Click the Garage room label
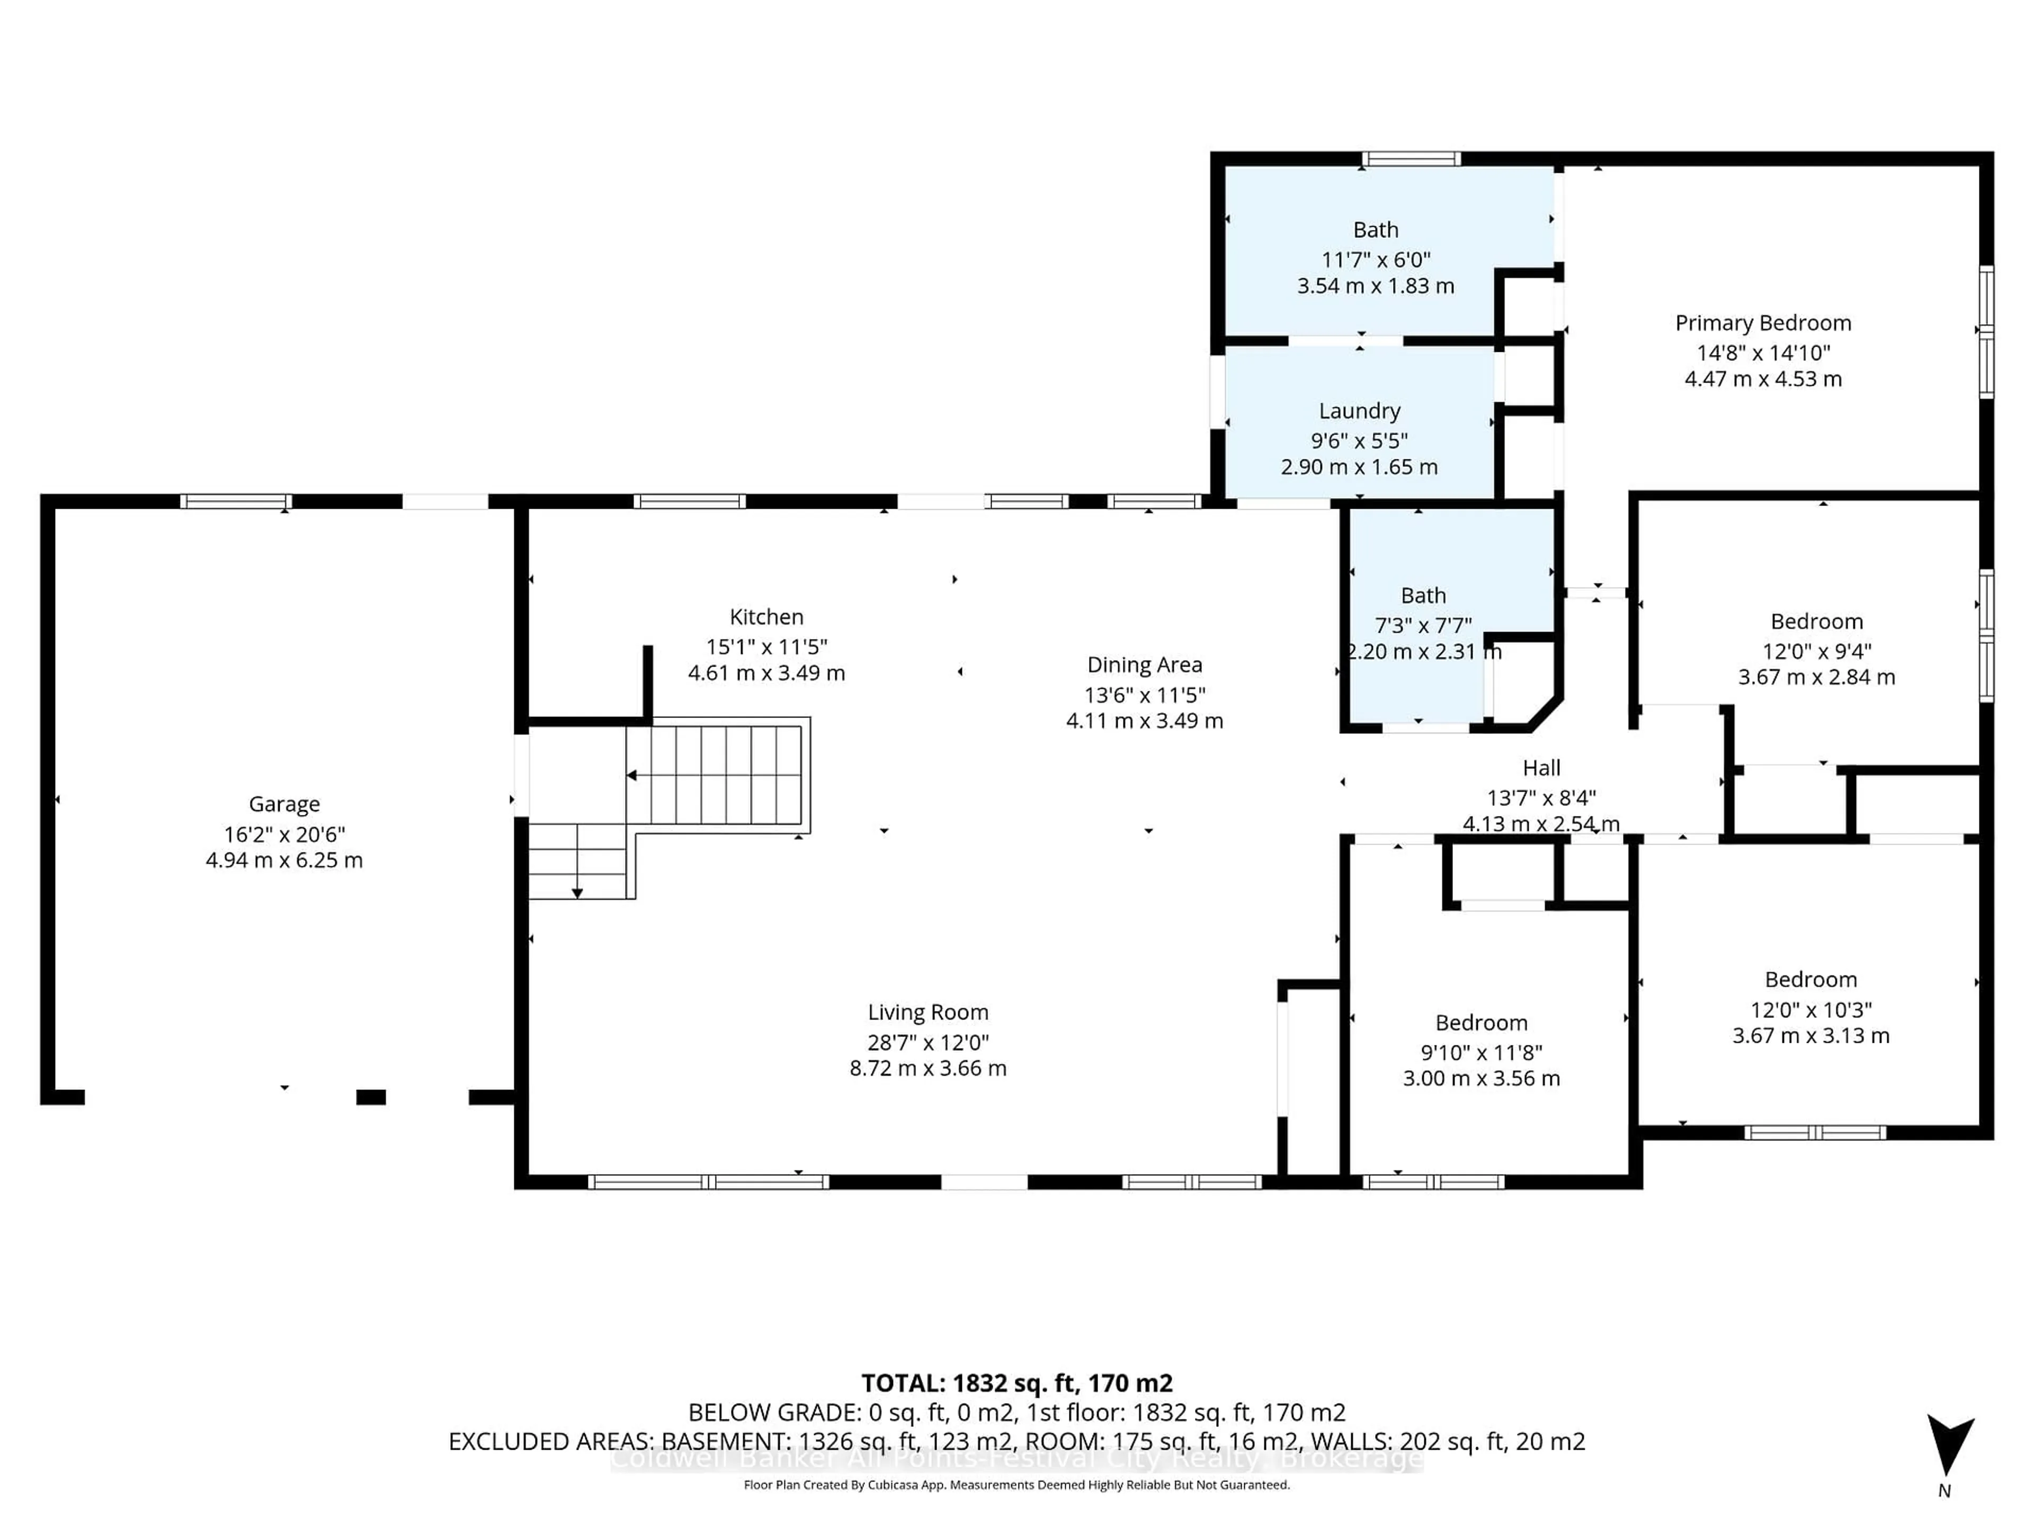[284, 804]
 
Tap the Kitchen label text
[766, 617]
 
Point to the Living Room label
[928, 1012]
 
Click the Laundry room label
[1359, 411]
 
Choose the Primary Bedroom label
[1762, 323]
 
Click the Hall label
[1541, 768]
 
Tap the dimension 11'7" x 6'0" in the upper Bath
[1376, 260]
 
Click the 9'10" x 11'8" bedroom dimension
[1480, 1052]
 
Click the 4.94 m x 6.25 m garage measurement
[284, 860]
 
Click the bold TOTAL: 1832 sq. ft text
[1016, 1383]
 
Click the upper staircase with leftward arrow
[717, 775]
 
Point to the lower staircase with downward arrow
[577, 860]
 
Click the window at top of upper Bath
[1411, 159]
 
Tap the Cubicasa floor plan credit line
[1016, 1485]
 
